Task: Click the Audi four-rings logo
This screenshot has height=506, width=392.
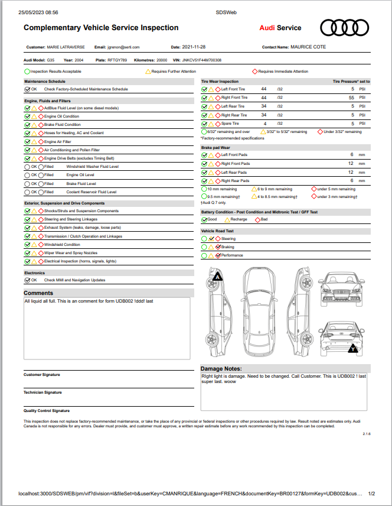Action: pos(344,27)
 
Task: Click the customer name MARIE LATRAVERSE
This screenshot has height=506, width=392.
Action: pos(65,47)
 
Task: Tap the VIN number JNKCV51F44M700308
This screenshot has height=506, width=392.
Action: pos(202,60)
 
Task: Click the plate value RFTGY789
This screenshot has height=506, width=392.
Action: pos(117,60)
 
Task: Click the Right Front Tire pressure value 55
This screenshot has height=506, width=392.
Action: pos(351,98)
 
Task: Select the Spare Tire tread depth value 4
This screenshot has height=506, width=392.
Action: pos(265,124)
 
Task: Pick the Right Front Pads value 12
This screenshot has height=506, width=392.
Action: pos(351,163)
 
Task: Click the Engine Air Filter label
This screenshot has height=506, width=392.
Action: pos(58,142)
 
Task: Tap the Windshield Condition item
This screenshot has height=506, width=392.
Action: pos(62,244)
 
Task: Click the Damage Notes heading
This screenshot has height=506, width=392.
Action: pos(221,368)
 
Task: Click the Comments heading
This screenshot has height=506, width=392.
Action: pos(38,293)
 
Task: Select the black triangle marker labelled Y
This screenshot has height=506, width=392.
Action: pos(353,349)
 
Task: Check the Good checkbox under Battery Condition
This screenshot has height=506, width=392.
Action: pos(204,219)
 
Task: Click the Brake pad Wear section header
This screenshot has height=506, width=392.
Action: pos(215,147)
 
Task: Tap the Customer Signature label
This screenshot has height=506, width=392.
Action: pos(41,375)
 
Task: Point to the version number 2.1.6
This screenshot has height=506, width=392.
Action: pos(366,434)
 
